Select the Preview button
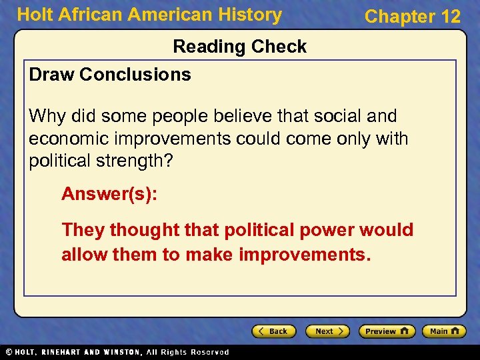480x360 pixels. pyautogui.click(x=387, y=331)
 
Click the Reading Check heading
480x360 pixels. pyautogui.click(x=240, y=47)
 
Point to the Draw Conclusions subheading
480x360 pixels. pyautogui.click(x=110, y=75)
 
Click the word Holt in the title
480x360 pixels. pyautogui.click(x=33, y=15)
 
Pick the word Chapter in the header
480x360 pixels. pyautogui.click(x=397, y=17)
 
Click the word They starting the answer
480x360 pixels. pyautogui.click(x=83, y=230)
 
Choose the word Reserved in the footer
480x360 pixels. pyautogui.click(x=210, y=352)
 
